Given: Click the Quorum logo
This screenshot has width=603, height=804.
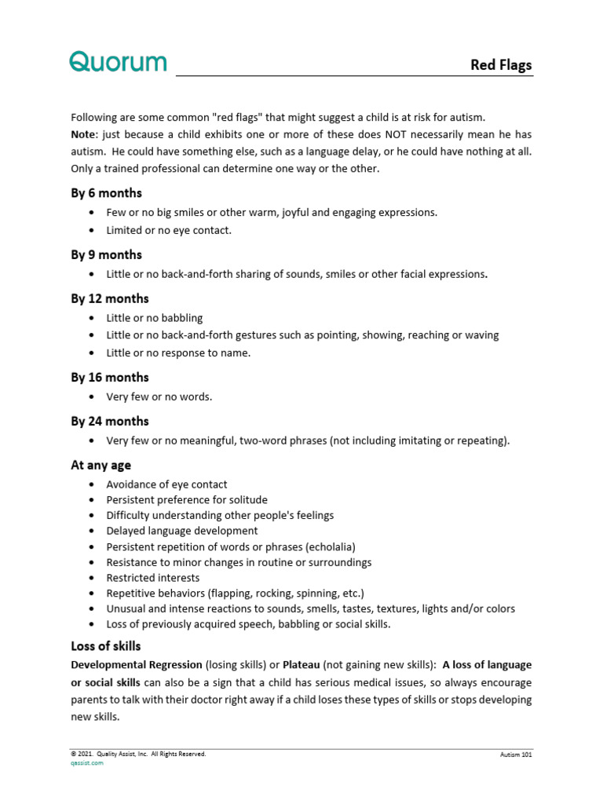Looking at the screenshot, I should tap(118, 61).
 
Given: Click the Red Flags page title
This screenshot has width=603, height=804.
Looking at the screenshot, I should tap(500, 65).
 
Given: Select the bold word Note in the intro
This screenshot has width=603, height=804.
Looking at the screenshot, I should tap(83, 134).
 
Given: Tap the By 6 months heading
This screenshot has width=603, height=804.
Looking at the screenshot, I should tap(106, 193).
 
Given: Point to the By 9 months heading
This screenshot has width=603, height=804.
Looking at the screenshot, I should tap(106, 254).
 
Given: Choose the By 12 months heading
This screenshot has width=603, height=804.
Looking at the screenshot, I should tap(109, 298).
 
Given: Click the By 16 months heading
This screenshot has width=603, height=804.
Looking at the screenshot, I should tap(109, 377).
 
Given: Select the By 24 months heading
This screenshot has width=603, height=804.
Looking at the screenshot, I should tap(109, 421).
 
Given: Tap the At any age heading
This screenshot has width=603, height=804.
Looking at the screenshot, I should tap(100, 465).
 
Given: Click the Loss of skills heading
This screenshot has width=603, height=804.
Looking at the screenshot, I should tap(106, 646).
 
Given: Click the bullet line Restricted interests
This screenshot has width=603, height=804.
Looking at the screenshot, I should tap(153, 578).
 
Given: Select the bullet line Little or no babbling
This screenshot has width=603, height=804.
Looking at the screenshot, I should tap(155, 318).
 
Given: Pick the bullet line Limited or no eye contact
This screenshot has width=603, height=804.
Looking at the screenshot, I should tap(169, 230).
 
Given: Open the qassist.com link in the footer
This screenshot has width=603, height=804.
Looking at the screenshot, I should tap(87, 763).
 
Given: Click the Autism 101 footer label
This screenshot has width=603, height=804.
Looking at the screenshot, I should tap(516, 755).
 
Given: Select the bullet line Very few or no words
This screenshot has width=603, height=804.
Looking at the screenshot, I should tap(159, 397).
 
